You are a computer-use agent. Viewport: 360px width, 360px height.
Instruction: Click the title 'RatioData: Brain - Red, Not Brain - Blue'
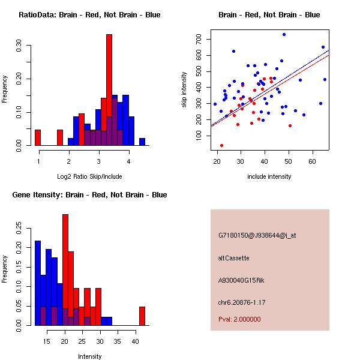click(89, 15)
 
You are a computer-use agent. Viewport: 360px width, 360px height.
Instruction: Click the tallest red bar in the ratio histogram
click(109, 90)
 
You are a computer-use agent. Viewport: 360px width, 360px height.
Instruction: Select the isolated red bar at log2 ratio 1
click(38, 137)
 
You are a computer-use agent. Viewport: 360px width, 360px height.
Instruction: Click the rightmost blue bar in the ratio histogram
click(142, 142)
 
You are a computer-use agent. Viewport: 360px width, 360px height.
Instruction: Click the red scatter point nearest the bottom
click(221, 145)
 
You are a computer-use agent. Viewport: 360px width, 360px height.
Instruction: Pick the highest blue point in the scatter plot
click(284, 35)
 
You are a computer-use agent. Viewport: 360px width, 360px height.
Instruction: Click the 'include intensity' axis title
click(269, 176)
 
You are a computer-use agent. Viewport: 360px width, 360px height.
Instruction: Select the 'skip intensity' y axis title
click(184, 90)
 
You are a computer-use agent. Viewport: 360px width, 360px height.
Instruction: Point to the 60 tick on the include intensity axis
click(312, 161)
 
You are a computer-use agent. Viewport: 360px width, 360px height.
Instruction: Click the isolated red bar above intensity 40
click(142, 316)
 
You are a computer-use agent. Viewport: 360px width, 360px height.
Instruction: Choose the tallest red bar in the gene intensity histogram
click(65, 270)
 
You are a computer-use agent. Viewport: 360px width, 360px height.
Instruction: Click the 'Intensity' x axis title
click(90, 356)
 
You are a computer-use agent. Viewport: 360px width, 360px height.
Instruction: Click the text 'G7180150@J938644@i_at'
click(257, 236)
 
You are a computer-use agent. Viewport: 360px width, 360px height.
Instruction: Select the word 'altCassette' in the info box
click(233, 258)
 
